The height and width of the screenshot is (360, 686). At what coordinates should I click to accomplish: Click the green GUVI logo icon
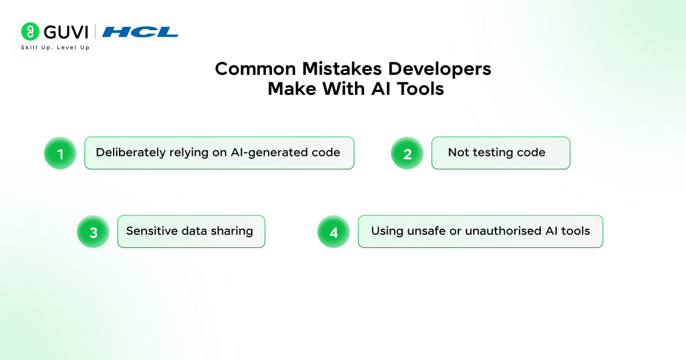point(30,31)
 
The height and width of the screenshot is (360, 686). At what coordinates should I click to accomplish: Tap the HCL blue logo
point(140,32)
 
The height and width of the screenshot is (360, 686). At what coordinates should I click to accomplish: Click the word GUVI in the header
point(66,32)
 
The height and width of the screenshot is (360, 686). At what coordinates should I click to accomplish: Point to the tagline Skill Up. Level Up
point(55,47)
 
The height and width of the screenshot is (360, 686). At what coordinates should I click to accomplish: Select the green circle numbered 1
point(60,153)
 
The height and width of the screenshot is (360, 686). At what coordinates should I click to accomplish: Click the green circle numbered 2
point(407,153)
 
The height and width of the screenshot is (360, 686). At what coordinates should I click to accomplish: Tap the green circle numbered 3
point(93,232)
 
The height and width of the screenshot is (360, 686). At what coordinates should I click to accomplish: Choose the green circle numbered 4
point(333,232)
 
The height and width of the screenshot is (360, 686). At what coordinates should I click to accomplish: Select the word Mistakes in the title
point(342,69)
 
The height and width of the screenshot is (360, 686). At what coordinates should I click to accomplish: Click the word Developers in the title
point(440,70)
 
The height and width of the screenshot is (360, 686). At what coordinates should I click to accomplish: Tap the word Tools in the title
point(421,89)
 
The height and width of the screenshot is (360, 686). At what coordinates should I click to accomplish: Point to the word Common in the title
point(256,69)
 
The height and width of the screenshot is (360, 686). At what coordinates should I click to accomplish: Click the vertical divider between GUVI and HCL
point(95,31)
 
